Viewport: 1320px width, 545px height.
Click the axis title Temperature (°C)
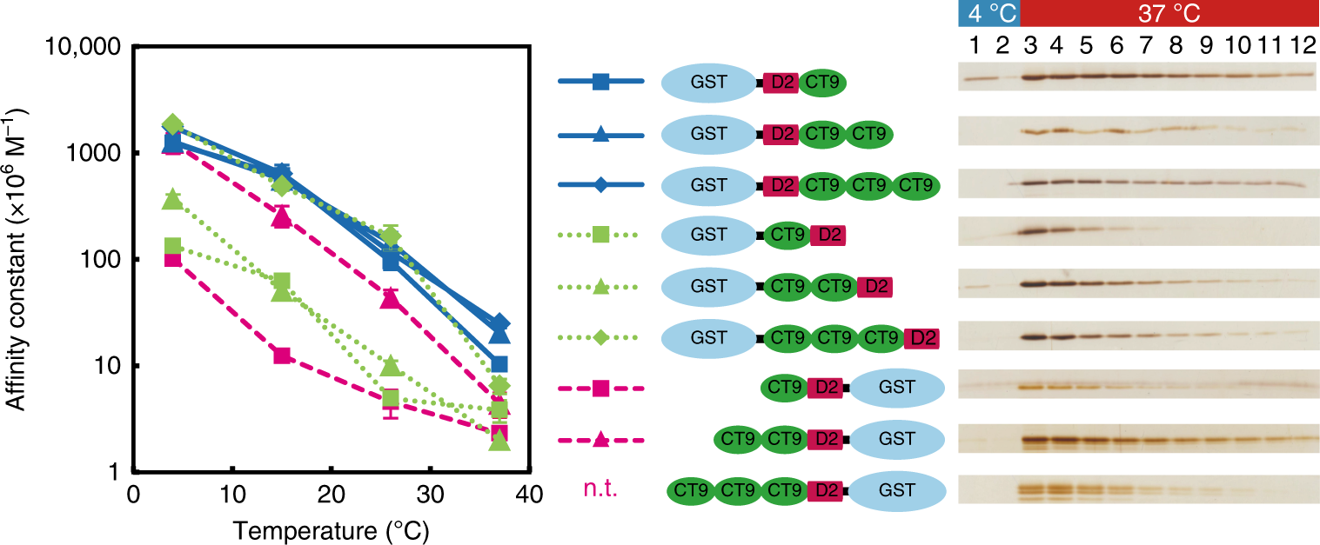331,528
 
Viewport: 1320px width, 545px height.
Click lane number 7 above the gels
1145,43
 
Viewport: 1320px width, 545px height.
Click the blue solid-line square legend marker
600,83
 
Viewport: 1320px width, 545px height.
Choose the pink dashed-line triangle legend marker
600,440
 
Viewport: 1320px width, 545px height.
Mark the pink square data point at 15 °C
281,356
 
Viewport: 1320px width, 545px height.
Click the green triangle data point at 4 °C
172,200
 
